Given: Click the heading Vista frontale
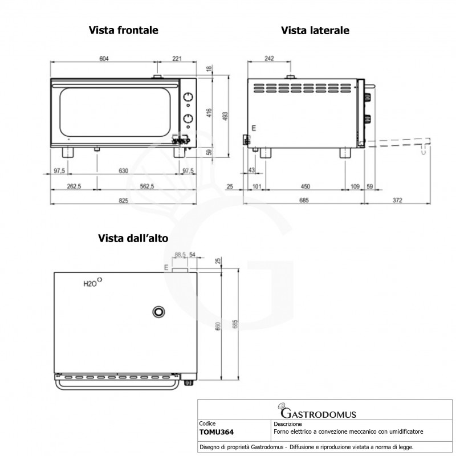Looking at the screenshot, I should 123,30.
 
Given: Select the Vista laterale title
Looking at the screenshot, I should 315,30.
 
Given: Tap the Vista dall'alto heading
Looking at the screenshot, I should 132,238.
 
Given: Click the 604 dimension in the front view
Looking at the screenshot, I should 104,58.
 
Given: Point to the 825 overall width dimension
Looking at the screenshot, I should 124,200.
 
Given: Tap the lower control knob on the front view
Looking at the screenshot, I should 187,118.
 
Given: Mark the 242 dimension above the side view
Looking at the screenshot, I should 269,58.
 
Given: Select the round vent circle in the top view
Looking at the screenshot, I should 158,311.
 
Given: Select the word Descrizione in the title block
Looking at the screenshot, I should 288,425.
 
